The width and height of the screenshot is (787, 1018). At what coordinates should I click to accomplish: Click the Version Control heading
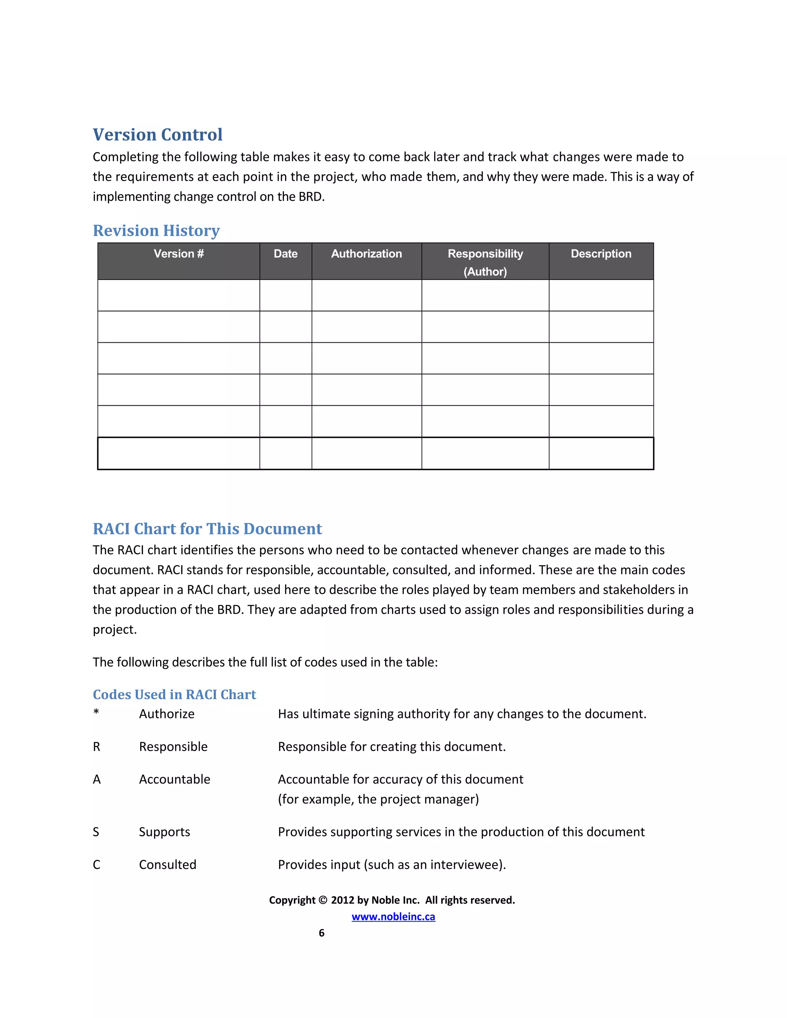(158, 135)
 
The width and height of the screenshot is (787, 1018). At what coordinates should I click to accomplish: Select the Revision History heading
(156, 231)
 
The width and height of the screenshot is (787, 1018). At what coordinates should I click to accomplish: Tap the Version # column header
(179, 254)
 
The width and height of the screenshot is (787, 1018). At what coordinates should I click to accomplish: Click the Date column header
(286, 254)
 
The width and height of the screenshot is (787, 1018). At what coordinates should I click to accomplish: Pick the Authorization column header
(367, 254)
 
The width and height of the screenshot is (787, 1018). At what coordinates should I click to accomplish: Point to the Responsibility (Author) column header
(485, 262)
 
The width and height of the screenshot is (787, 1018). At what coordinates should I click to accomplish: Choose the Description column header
(601, 254)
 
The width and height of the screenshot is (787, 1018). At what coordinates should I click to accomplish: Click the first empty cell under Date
(286, 295)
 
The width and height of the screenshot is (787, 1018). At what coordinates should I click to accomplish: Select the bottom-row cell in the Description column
(601, 453)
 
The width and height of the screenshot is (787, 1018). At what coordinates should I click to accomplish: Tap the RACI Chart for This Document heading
(208, 529)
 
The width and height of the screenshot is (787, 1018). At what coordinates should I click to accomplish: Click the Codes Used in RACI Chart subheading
(174, 695)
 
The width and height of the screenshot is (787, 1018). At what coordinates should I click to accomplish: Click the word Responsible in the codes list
(173, 747)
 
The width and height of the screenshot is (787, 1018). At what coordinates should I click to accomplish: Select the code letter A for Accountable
(96, 779)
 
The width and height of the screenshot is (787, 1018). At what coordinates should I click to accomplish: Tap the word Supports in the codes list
(164, 832)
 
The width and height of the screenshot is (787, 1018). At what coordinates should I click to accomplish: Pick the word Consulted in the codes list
(168, 865)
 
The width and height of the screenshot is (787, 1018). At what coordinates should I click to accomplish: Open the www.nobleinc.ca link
(393, 917)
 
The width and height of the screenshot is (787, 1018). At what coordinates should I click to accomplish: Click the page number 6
(321, 933)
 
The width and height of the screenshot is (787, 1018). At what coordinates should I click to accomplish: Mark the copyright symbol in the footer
(323, 900)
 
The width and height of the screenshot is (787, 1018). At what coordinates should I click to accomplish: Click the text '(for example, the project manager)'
(378, 799)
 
